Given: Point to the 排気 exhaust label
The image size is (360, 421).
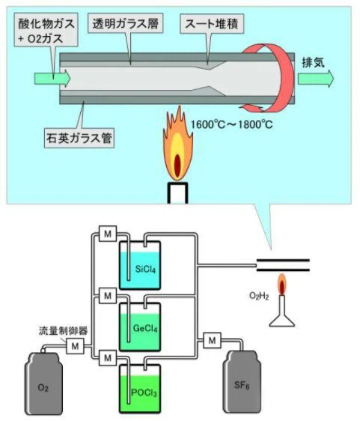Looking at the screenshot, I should [x=311, y=61].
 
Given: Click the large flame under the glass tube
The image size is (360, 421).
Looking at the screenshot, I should [x=176, y=146].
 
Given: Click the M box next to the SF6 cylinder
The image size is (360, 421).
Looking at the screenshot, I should [x=213, y=342].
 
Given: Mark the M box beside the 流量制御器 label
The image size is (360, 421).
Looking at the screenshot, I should [x=75, y=345].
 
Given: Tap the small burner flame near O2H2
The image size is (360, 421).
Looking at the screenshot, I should [x=283, y=285].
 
